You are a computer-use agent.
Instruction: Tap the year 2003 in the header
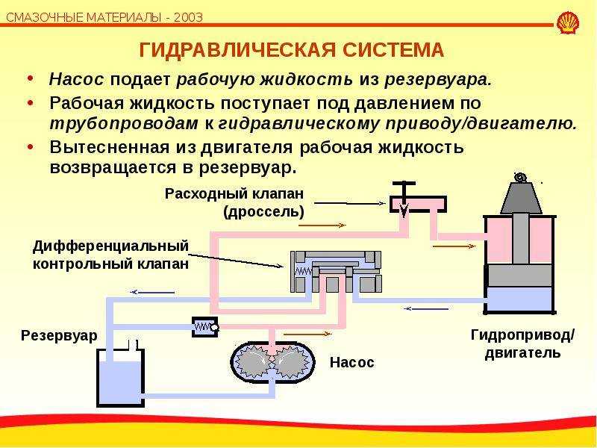coord(189,17)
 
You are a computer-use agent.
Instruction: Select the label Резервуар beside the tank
coord(59,335)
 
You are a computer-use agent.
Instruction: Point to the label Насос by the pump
coord(351,362)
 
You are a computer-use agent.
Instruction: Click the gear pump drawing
coord(272,362)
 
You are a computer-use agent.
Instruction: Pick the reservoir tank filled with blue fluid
coord(121,376)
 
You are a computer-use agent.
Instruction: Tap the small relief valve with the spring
coord(205,327)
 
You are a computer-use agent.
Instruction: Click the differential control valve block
coord(336,272)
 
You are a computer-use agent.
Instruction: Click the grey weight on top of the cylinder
coord(521,198)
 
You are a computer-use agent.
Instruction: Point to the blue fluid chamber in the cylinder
coord(520,299)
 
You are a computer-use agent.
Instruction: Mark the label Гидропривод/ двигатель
coord(522,344)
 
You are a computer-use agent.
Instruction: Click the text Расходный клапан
coord(234,193)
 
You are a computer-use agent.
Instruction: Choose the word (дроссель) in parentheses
coord(264,211)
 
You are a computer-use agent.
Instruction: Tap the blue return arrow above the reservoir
coord(152,292)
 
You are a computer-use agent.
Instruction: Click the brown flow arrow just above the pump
coord(307,334)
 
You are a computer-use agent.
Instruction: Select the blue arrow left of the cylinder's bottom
coord(426,308)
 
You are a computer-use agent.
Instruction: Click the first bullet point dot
coord(31,79)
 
